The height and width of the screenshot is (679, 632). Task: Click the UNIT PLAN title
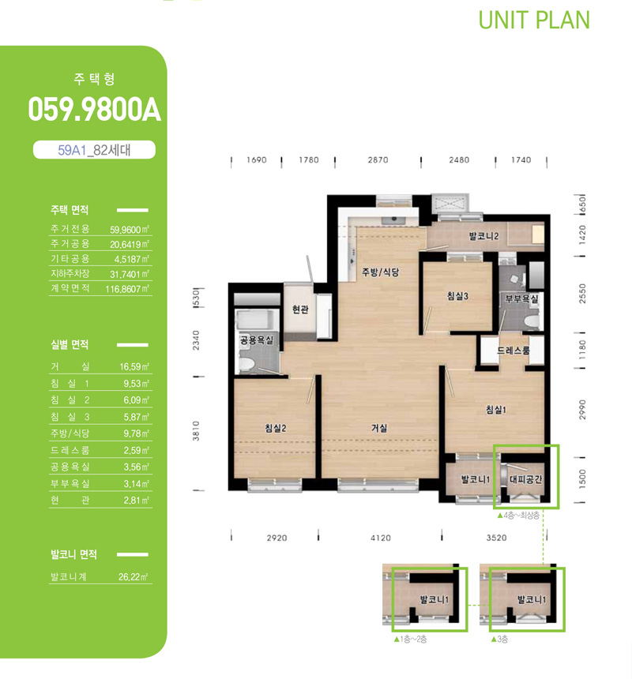(534, 20)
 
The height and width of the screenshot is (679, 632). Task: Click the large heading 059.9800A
(95, 110)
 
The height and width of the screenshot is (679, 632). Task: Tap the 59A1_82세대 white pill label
(94, 150)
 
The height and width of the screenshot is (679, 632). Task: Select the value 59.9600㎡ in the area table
(129, 230)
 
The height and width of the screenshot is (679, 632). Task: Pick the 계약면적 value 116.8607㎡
(127, 288)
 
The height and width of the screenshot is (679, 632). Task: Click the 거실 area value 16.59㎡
(134, 367)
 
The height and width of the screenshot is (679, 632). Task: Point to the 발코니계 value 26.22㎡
(133, 577)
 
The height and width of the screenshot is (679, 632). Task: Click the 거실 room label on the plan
(379, 428)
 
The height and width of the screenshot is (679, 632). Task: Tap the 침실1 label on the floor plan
(495, 410)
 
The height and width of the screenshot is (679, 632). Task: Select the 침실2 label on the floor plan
(276, 428)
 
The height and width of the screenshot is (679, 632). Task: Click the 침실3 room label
(458, 296)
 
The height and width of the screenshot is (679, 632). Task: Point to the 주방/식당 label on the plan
(380, 272)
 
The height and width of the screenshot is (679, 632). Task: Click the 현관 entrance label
(300, 309)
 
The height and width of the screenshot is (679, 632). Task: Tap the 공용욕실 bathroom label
(257, 340)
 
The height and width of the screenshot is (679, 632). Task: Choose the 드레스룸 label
(513, 351)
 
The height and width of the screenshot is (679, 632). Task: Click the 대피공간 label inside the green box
(525, 479)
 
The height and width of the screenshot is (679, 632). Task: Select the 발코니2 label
(483, 236)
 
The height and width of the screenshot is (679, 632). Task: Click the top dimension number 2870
(378, 159)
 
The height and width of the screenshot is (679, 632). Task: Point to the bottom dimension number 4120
(380, 538)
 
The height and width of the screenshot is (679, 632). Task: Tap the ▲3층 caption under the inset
(499, 640)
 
